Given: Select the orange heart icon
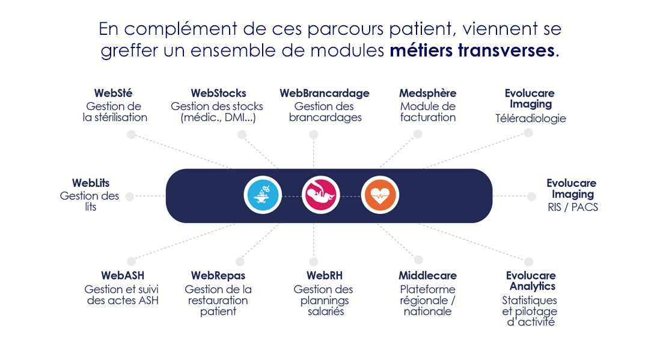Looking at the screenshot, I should point(380,196).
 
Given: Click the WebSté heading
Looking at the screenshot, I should point(113,93).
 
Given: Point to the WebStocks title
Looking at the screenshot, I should point(218,93).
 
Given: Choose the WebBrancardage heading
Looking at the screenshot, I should point(325,93).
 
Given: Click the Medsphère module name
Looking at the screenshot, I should point(427,93).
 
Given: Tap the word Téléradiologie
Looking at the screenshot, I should point(530,118).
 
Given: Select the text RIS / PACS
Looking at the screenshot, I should point(573,207).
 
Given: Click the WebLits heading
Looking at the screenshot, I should point(91,183).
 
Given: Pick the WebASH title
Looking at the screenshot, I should point(123,275).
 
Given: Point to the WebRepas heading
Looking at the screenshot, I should point(218,275).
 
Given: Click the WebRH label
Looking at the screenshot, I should point(325,275).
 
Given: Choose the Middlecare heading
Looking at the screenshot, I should point(427,275).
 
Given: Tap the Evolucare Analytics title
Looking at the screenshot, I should point(531,281).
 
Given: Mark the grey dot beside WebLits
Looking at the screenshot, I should point(130,196).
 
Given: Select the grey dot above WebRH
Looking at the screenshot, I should point(314,261).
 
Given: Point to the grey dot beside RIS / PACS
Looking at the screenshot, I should point(531,196).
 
